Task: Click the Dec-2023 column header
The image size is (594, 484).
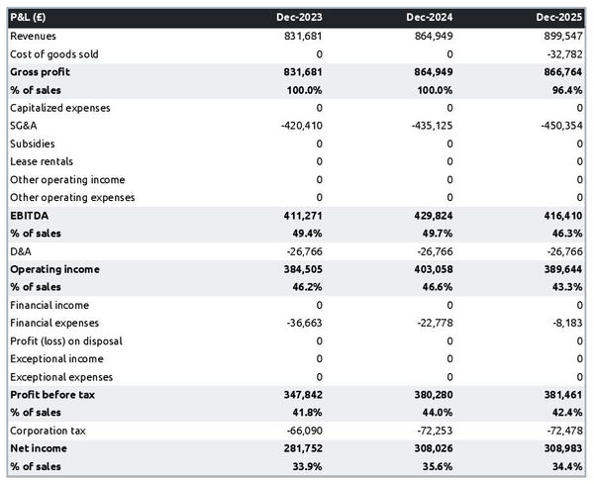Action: point(299,18)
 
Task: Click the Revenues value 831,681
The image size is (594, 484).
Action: point(301,36)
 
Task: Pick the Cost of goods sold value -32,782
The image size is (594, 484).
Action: point(563,53)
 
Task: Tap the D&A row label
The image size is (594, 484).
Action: point(21,251)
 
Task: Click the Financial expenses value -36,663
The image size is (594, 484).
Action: point(303,323)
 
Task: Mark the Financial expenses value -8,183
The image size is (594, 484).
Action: point(566,323)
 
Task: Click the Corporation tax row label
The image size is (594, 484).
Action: point(47,431)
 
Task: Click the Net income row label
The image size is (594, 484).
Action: point(38,448)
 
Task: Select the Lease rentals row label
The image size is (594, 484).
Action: point(41,161)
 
